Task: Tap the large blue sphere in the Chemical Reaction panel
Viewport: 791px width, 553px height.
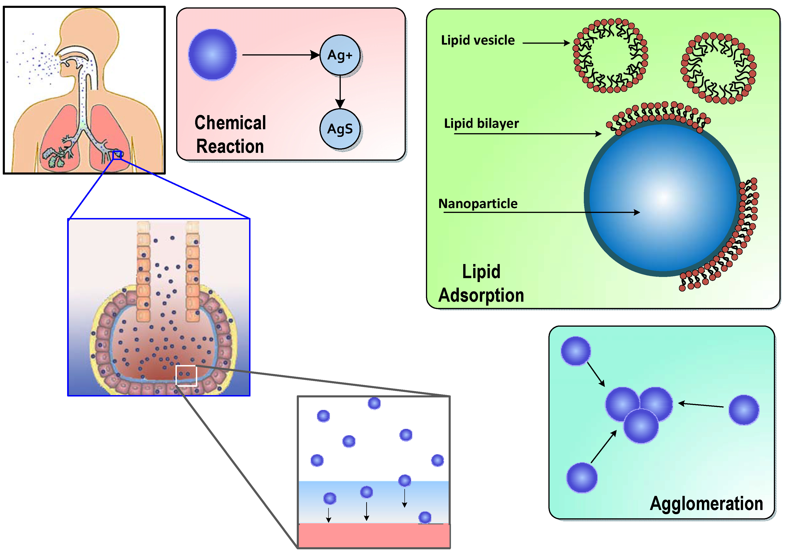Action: [213, 55]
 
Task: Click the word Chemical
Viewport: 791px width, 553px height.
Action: [230, 123]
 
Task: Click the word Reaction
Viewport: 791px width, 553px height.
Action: [230, 146]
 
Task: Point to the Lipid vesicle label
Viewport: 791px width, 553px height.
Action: [478, 40]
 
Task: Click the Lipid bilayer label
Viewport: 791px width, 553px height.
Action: [481, 123]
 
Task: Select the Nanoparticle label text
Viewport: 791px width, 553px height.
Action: [478, 204]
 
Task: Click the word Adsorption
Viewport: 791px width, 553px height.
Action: [481, 295]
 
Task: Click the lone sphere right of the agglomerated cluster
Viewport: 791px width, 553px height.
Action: [744, 410]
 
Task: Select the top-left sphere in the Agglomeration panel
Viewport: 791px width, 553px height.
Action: [576, 351]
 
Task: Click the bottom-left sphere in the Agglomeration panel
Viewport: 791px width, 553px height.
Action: [582, 477]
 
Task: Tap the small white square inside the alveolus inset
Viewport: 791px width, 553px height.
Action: [186, 376]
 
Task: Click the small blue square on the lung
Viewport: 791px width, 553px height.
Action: [117, 155]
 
